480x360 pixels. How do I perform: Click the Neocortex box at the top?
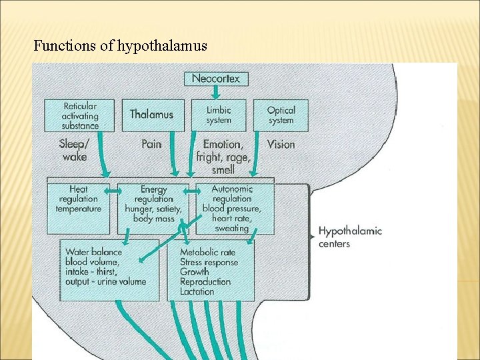click(215, 79)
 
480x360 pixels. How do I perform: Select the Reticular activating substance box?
click(79, 115)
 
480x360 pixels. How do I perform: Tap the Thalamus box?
click(151, 115)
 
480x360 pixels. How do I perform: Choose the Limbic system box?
click(218, 115)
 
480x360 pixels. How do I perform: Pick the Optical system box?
click(281, 115)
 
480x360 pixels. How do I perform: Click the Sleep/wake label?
click(73, 150)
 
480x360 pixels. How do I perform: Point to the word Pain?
click(151, 144)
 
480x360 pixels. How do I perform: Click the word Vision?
click(281, 144)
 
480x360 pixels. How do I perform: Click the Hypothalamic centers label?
click(349, 237)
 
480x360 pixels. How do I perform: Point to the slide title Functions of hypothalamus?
click(120, 46)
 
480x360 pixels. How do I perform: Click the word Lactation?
click(197, 291)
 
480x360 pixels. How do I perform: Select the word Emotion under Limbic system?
click(223, 144)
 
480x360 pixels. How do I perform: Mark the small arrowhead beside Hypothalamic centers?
click(312, 236)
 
